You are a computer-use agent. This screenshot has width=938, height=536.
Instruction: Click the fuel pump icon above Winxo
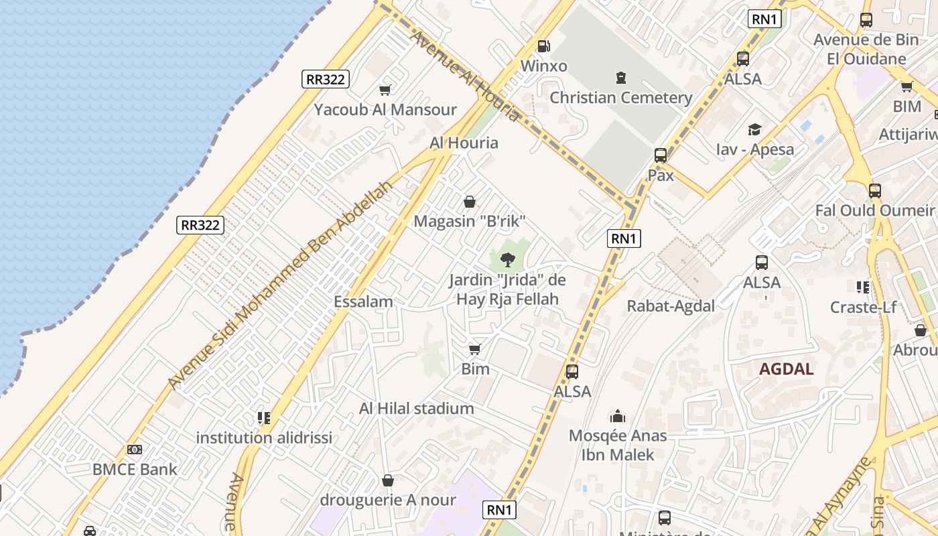pos(544,46)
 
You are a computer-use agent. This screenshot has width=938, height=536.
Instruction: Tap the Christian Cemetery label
pos(620,98)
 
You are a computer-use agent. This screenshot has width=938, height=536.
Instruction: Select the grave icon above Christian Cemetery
pos(621,78)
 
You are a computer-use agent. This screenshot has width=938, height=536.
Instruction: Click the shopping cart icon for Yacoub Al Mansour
pos(385,90)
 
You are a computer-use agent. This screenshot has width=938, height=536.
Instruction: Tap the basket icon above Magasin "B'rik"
pos(470,202)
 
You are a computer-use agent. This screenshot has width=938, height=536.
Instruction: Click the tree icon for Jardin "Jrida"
pos(507,260)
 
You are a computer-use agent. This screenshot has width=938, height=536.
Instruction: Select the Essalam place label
pos(363,302)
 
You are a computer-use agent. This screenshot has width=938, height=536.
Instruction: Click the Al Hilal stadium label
pos(416,408)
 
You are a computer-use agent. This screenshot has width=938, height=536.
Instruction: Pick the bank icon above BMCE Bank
pos(135,450)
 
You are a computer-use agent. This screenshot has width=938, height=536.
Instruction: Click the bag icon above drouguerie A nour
pos(388,480)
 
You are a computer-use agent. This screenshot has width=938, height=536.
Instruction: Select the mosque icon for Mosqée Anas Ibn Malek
pos(618,417)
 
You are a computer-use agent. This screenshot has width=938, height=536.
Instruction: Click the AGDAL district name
pos(787,369)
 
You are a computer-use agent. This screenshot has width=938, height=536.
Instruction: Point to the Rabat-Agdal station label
pos(671,306)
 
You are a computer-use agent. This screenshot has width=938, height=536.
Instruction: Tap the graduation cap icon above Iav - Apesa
pos(755,129)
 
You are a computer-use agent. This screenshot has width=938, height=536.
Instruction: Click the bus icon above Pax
pos(661,155)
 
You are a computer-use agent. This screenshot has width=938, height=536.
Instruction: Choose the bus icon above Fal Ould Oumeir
pos(875,190)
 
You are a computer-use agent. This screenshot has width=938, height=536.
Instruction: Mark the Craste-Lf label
pos(863,308)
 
